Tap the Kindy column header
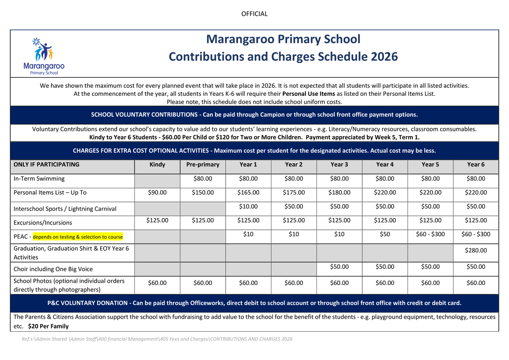pyautogui.click(x=157, y=165)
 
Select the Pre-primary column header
pyautogui.click(x=203, y=165)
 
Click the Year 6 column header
pyautogui.click(x=475, y=165)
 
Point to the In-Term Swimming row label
pyautogui.click(x=39, y=179)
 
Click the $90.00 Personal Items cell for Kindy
pyautogui.click(x=157, y=193)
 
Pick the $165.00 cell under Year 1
pyautogui.click(x=248, y=193)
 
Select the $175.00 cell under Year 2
pyautogui.click(x=294, y=193)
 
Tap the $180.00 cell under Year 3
pyautogui.click(x=339, y=193)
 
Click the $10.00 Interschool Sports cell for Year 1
pyautogui.click(x=248, y=207)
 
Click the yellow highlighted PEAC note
pyautogui.click(x=78, y=237)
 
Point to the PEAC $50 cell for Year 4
pyautogui.click(x=385, y=234)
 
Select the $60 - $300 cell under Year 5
pyautogui.click(x=430, y=234)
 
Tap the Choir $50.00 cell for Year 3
pyautogui.click(x=339, y=267)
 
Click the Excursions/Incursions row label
pyautogui.click(x=43, y=223)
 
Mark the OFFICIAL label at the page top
pyautogui.click(x=255, y=14)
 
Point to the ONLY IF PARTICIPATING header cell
pyautogui.click(x=47, y=165)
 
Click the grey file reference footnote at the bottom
pyautogui.click(x=157, y=339)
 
